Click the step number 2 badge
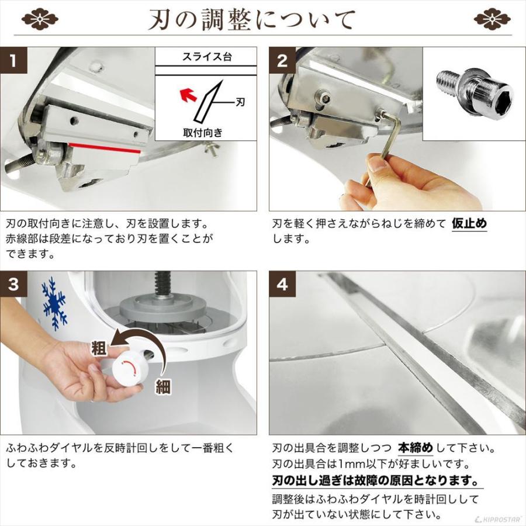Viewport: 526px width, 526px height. (282, 61)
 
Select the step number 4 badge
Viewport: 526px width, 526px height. (282, 285)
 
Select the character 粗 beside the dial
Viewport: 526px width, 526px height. (99, 349)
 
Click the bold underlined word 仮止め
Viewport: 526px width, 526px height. (469, 223)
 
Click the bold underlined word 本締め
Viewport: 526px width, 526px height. (416, 448)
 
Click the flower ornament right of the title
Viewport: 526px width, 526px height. (492, 19)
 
